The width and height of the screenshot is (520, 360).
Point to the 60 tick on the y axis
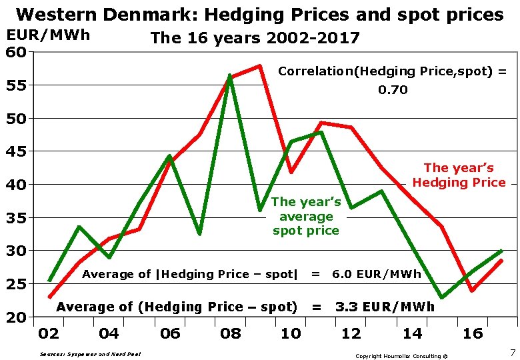tap(17, 51)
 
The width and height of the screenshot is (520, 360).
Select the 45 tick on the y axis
tap(17, 151)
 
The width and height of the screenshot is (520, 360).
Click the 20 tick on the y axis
tap(17, 317)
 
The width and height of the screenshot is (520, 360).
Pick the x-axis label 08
tap(230, 333)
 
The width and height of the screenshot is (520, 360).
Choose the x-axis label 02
tap(49, 333)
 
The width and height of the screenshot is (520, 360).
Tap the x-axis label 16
tap(472, 333)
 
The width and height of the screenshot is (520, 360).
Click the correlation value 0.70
tap(393, 89)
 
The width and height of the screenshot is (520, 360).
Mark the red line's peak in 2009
tap(259, 66)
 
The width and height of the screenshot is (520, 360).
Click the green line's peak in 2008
tap(229, 76)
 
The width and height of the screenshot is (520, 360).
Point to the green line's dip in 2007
tap(199, 233)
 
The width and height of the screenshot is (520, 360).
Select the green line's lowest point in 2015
tap(441, 297)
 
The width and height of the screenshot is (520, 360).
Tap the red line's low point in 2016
tap(471, 291)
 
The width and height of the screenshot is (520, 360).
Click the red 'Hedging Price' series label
tap(459, 175)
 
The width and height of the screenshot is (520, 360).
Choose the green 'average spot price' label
tap(306, 216)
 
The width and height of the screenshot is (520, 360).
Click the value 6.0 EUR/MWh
tap(376, 274)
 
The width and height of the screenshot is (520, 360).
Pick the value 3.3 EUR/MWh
tap(385, 307)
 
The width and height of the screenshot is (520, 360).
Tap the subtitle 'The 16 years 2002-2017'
tap(255, 38)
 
